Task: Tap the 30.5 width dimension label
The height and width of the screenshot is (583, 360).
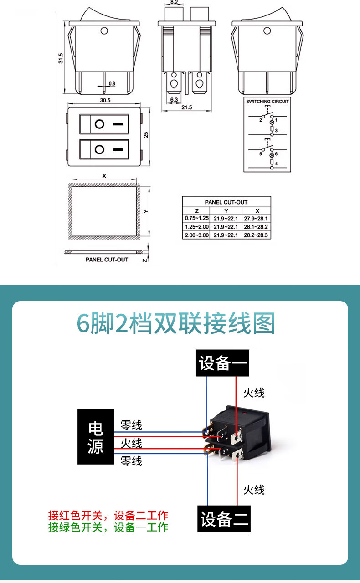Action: click(x=105, y=100)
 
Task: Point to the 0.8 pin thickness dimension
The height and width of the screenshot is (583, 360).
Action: click(x=112, y=83)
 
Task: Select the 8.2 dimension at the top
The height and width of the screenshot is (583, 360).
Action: click(x=174, y=2)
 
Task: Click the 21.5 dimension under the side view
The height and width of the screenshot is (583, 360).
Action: click(x=187, y=107)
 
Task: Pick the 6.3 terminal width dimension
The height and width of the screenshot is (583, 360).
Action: click(x=174, y=99)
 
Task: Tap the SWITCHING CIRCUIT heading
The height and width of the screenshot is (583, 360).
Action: click(x=267, y=101)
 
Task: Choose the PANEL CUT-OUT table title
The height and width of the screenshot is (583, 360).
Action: click(x=226, y=202)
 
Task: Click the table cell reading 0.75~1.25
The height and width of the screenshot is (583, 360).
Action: click(x=196, y=218)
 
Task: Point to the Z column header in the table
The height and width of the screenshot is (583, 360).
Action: click(x=196, y=210)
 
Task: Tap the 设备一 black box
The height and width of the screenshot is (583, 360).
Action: click(x=223, y=363)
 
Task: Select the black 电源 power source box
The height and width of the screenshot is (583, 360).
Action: click(x=96, y=436)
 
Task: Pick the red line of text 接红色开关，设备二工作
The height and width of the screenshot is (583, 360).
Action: click(x=108, y=516)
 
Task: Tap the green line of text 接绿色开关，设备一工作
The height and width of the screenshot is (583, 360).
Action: click(x=108, y=527)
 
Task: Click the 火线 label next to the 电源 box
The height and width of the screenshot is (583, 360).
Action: click(x=131, y=443)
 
